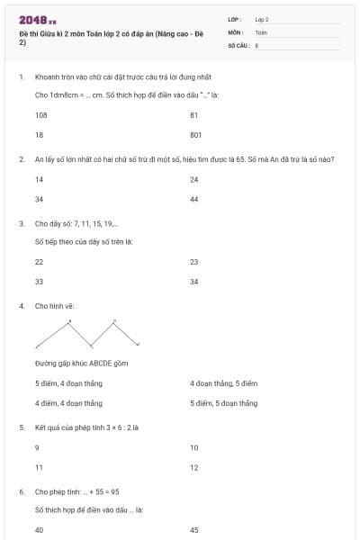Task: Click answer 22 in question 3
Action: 39,262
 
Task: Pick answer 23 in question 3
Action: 194,262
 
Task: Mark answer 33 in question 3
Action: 39,281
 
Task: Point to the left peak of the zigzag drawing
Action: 69,321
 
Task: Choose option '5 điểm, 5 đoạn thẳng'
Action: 224,402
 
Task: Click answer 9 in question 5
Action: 37,447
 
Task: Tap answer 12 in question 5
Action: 194,466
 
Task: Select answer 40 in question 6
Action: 39,530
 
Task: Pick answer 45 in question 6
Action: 194,530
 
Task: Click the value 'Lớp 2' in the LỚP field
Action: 262,19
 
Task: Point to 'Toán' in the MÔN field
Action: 261,31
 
